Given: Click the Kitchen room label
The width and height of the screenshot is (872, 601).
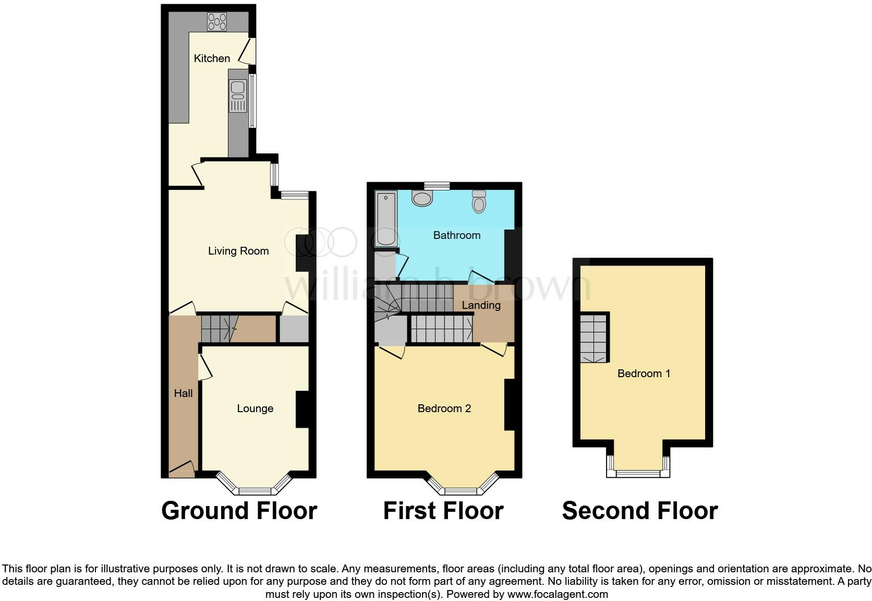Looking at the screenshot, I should (212, 58).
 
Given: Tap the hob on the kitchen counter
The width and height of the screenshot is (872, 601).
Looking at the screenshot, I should (217, 21).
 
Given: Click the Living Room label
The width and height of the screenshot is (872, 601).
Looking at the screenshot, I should (238, 251).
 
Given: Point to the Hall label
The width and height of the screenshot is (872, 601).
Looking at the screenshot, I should (183, 393).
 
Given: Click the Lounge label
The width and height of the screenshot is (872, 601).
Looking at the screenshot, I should (255, 408).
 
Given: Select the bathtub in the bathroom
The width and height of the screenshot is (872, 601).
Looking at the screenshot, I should (386, 218).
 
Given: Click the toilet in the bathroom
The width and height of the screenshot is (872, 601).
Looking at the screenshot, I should (479, 201).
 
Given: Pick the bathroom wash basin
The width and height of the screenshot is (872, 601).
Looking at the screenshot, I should (422, 198).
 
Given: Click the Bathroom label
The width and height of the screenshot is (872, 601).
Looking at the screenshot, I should (457, 235).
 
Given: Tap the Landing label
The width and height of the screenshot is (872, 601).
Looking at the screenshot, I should (481, 305).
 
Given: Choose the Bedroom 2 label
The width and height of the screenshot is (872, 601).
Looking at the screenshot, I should (444, 408).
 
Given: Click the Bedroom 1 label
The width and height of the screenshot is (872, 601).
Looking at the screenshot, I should (644, 374).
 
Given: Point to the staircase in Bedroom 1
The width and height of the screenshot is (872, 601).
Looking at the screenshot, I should (594, 338).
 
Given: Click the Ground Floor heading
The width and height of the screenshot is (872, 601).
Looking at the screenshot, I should (239, 511).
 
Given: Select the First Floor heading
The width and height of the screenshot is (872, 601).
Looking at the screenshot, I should (443, 511).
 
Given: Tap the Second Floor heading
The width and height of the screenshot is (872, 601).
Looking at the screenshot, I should (640, 511).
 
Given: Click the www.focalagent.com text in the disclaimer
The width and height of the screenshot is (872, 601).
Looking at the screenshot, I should (558, 594).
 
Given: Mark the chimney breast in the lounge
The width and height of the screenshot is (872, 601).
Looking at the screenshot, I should (302, 410).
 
